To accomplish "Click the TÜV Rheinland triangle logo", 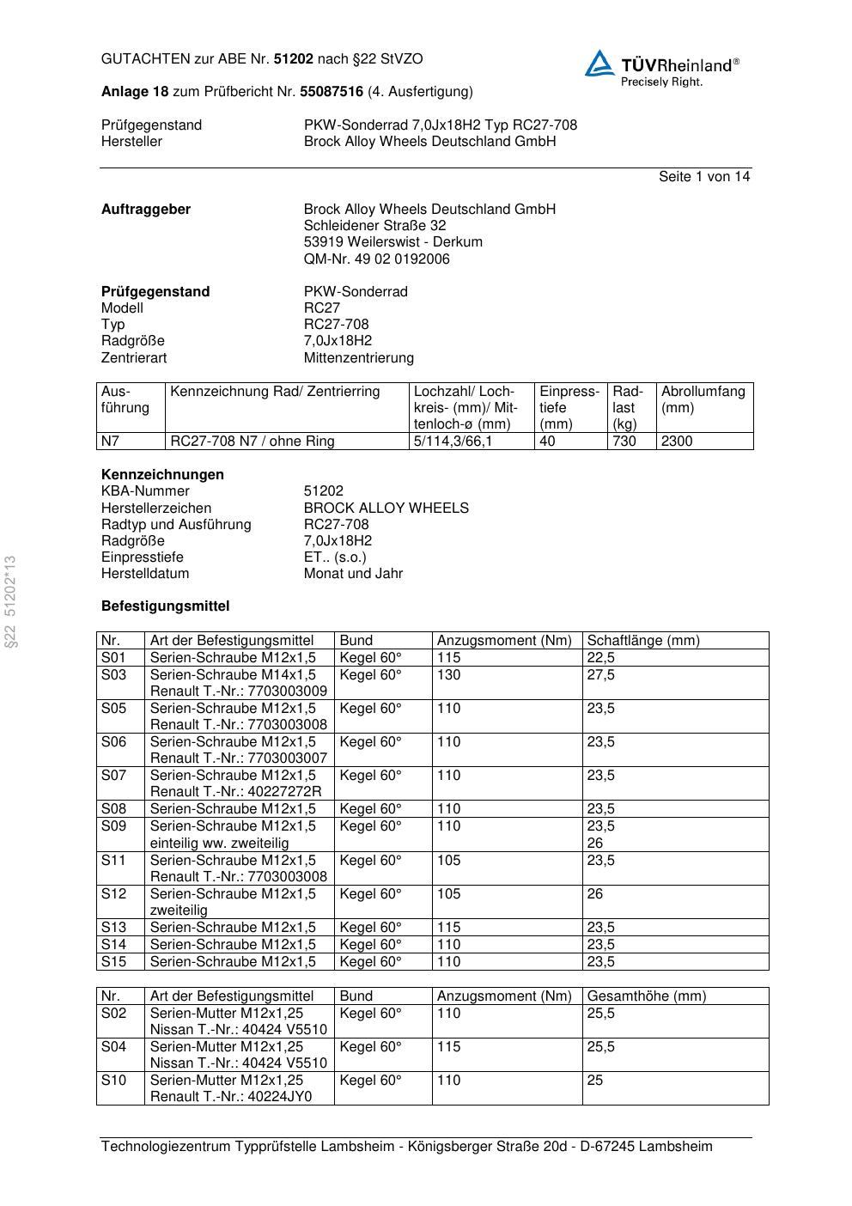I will (599, 64).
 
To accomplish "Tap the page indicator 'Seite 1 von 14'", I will (703, 177).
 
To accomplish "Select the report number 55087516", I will (331, 92).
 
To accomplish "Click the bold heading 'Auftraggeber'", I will (146, 210).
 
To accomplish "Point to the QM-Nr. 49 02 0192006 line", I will (376, 259).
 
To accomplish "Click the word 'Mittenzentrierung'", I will (358, 358).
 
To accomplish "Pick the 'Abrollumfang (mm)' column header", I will (703, 399).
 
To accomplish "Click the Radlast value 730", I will (624, 442).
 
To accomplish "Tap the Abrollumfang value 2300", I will (677, 442).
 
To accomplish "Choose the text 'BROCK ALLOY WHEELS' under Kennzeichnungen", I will (386, 509).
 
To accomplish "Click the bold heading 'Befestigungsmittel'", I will (165, 606).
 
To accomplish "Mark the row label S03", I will (113, 675).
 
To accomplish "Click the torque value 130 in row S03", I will (448, 675).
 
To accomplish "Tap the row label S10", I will (113, 1081).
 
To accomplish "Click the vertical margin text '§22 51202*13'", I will (10, 601).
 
